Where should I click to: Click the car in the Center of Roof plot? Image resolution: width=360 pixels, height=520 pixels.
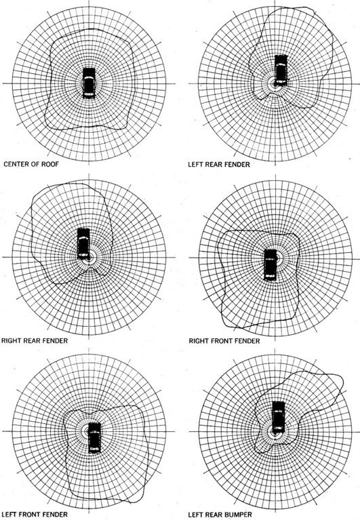(x=89, y=83)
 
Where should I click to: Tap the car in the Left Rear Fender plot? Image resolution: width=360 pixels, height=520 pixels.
(x=281, y=71)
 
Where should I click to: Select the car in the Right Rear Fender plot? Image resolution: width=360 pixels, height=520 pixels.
(x=83, y=244)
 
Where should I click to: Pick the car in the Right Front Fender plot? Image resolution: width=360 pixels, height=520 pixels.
(x=270, y=265)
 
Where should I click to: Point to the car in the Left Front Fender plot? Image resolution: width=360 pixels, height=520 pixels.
(x=94, y=438)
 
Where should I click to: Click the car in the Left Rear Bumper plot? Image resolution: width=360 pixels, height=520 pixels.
(x=279, y=417)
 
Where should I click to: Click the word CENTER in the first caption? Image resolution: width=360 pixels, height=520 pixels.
(x=16, y=164)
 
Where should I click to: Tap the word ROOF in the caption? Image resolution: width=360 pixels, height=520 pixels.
(x=49, y=164)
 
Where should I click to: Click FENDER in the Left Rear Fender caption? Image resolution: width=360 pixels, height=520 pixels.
(x=237, y=164)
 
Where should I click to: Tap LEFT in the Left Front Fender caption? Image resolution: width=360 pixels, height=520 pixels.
(x=9, y=515)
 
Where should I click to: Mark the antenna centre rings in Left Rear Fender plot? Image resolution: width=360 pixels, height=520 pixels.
(x=274, y=84)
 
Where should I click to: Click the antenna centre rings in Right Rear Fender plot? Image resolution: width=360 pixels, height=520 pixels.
(x=89, y=258)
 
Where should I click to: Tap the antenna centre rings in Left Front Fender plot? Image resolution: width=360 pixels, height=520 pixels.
(x=89, y=431)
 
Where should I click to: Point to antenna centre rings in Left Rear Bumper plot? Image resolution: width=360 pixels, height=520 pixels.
(x=275, y=432)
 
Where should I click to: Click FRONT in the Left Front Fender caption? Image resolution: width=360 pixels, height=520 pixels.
(x=28, y=515)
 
